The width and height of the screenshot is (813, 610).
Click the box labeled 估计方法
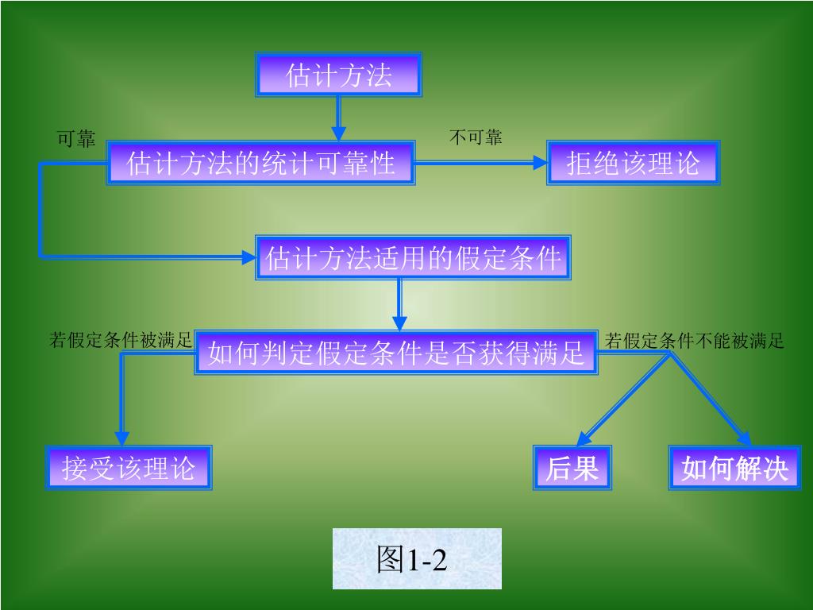point(338,75)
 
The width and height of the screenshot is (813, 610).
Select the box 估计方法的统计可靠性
point(260,163)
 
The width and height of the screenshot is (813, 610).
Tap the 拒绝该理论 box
point(633,163)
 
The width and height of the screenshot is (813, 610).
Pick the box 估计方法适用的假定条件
point(413,257)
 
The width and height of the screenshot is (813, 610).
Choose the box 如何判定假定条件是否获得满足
point(396,352)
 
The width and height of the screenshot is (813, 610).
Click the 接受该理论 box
point(129,467)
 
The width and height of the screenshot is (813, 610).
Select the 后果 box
point(572,468)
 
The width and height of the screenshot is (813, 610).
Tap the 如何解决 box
point(734,468)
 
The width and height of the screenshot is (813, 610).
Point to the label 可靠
point(76,140)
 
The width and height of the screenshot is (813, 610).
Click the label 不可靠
point(476,137)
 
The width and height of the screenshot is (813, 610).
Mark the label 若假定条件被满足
point(121,341)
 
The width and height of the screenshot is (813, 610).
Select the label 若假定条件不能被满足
point(694,341)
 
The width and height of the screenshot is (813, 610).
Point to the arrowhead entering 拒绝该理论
point(540,163)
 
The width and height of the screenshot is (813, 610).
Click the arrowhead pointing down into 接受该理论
point(121,438)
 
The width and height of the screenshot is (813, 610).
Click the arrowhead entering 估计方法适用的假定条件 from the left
point(249,257)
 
